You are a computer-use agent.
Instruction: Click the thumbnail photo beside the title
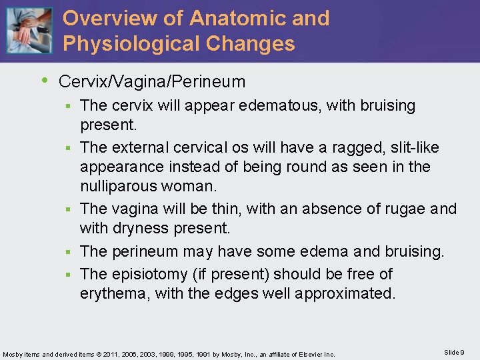pyautogui.click(x=28, y=31)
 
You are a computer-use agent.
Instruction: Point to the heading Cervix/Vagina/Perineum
pyautogui.click(x=152, y=82)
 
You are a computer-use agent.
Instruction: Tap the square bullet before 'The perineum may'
pyautogui.click(x=71, y=252)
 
